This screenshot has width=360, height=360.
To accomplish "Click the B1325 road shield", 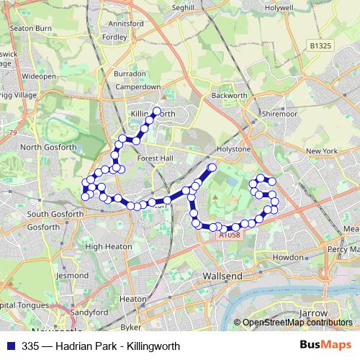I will (320, 45).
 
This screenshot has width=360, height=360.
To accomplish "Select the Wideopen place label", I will (38, 75).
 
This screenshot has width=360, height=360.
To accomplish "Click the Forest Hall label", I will (155, 161).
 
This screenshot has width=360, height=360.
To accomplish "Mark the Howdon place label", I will (289, 257).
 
